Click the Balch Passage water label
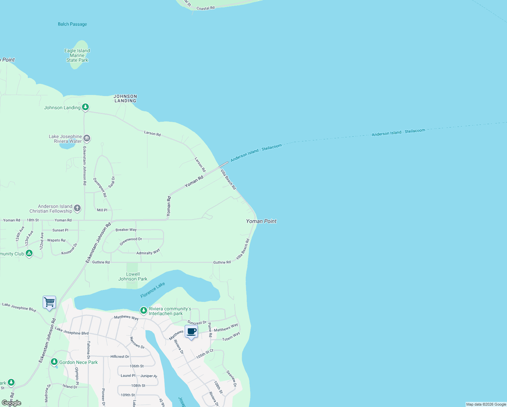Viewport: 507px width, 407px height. [72, 24]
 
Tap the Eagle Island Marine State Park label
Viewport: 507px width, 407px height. [77, 55]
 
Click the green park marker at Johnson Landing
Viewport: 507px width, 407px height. [85, 107]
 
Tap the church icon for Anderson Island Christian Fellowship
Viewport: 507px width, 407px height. [77, 208]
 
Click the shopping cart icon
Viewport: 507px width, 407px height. [49, 302]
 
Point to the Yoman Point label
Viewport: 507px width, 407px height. [261, 221]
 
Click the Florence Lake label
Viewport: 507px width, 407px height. [153, 290]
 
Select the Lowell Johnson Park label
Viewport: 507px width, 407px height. [133, 276]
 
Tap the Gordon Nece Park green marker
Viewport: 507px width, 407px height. [54, 362]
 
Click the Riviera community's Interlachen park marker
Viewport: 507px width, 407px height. [144, 310]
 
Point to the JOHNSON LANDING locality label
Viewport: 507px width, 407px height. [125, 98]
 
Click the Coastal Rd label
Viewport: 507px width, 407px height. [205, 8]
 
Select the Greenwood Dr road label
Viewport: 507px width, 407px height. [131, 241]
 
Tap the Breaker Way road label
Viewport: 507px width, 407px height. [126, 230]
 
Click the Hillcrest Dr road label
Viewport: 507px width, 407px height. [120, 356]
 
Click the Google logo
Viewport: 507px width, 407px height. [12, 403]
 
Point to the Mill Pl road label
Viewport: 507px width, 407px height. [102, 210]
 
